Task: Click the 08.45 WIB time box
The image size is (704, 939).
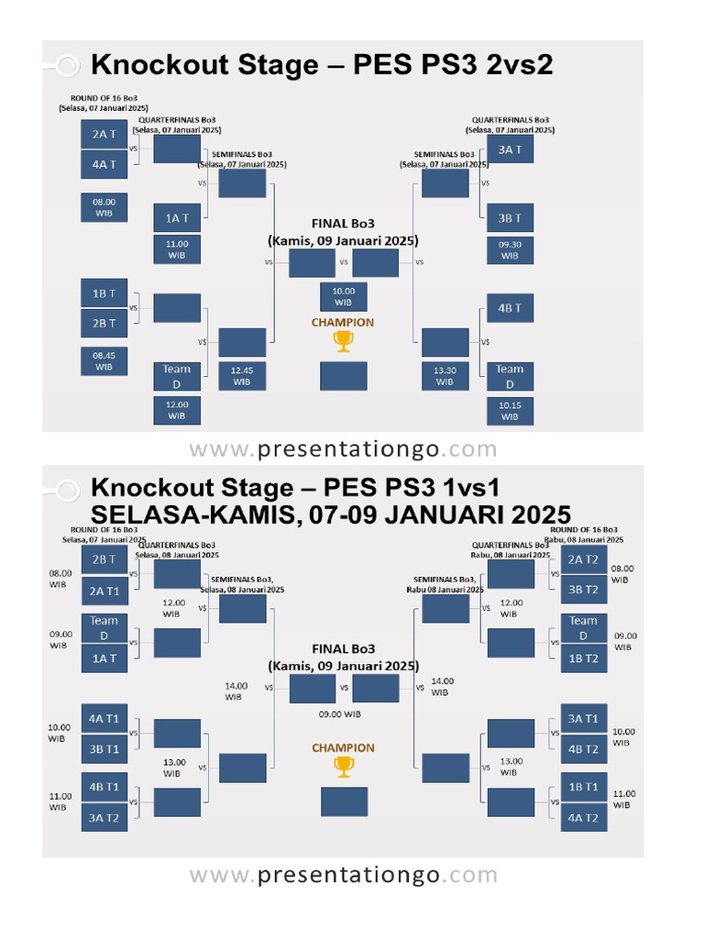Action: coord(104,359)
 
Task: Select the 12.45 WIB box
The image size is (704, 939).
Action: coord(242,374)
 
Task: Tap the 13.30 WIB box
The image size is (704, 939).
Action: coord(445,374)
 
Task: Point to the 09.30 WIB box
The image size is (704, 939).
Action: coord(510,250)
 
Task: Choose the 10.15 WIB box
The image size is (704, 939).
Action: coord(510,411)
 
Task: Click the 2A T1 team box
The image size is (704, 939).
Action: coord(104,590)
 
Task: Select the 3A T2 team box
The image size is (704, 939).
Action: coord(104,817)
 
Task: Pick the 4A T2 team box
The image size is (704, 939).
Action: coord(583,817)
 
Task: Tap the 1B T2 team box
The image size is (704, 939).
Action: coord(583,658)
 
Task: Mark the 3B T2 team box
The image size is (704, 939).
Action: coord(583,590)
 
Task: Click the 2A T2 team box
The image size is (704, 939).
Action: coord(583,558)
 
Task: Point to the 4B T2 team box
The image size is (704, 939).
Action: coord(583,749)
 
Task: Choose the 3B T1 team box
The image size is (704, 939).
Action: coord(104,749)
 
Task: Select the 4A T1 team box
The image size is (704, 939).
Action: coord(104,718)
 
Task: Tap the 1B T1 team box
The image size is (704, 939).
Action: coord(583,787)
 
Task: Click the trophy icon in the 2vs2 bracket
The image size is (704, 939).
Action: coord(343,341)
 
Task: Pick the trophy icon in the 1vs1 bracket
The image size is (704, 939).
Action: coord(343,767)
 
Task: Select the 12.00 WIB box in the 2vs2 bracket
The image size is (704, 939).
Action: coord(177,410)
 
